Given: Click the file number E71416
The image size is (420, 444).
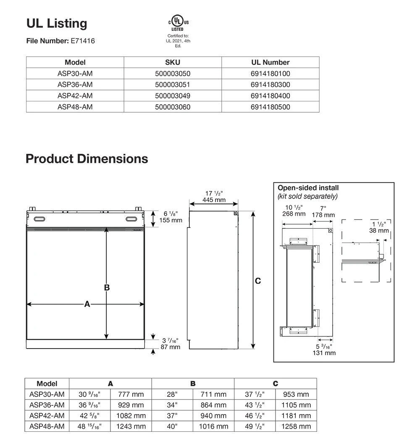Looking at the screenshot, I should (x=83, y=41).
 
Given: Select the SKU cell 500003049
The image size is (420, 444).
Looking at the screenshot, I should (x=173, y=96).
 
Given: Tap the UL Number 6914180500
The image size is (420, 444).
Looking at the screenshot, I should (x=270, y=107).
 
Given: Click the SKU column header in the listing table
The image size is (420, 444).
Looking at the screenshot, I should (x=173, y=62).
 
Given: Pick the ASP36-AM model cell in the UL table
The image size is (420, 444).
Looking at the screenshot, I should (x=75, y=85).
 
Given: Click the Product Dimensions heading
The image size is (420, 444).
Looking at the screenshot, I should (x=87, y=159).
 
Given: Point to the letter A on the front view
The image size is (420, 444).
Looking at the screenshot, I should (x=87, y=304).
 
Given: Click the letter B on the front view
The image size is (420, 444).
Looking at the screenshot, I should (x=107, y=288).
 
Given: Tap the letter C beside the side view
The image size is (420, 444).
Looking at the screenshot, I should (x=258, y=281).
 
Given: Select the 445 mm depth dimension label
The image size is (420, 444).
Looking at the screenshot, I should (x=214, y=200).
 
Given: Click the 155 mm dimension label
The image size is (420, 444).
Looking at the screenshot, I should (x=171, y=220).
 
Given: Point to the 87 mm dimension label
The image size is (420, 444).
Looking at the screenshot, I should (x=171, y=347).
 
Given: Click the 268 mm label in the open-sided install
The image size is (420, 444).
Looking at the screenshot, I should (x=294, y=214).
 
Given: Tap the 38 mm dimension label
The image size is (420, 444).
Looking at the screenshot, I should (x=379, y=230).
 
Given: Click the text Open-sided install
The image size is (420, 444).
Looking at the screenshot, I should (x=308, y=188).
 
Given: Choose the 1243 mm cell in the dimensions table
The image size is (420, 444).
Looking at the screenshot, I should (x=131, y=426).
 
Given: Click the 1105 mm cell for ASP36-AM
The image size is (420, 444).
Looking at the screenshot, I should (x=296, y=405).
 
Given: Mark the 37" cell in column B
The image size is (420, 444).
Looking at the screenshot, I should (x=172, y=415).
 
